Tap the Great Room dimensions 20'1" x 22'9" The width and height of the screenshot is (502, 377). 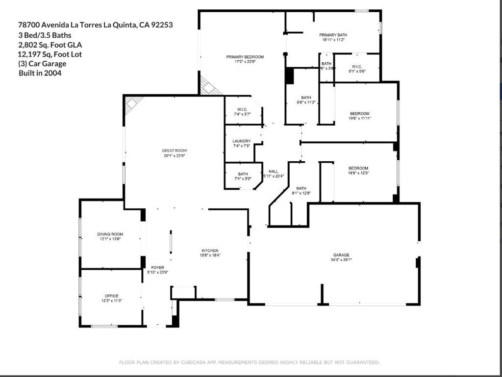[x=175, y=156]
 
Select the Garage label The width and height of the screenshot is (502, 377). [x=341, y=255]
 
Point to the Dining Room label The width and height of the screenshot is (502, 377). [x=110, y=234]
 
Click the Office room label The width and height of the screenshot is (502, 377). [x=111, y=296]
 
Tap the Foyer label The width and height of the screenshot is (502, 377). [x=157, y=267]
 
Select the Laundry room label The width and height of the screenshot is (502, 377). [x=242, y=141]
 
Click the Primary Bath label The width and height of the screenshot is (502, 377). [x=333, y=35]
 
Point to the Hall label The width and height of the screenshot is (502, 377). [x=273, y=171]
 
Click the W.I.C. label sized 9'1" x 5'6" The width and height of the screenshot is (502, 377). [x=356, y=67]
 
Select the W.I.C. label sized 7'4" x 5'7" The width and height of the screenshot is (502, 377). [x=242, y=109]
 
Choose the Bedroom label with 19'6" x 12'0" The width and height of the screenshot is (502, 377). [x=358, y=168]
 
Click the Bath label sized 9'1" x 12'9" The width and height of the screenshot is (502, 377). [x=301, y=188]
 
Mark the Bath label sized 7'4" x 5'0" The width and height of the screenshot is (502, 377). [x=243, y=174]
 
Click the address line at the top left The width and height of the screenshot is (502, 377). [x=95, y=25]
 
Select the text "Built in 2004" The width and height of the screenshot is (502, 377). [x=40, y=73]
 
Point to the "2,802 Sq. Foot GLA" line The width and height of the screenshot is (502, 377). [x=50, y=45]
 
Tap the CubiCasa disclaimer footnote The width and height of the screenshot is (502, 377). [x=250, y=362]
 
